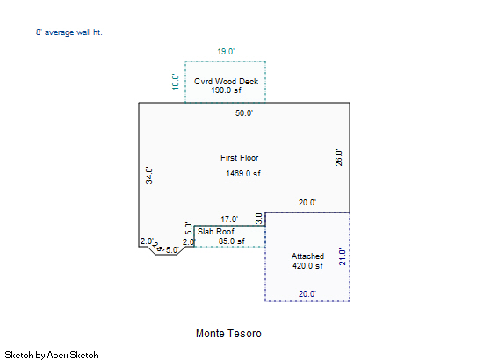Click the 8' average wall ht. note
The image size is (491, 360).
point(69,32)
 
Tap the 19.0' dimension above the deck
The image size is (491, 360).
point(226,51)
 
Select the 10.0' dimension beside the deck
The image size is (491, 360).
point(176,82)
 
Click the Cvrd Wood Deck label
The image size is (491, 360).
point(226,82)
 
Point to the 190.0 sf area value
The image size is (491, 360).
point(226,90)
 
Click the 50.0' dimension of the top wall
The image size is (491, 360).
point(244,112)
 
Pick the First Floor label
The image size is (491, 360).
point(240,158)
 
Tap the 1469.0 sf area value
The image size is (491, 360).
point(243,174)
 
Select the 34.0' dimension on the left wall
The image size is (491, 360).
point(149,175)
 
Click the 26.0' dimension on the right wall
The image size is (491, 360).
point(338,157)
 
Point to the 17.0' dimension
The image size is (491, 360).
point(229,220)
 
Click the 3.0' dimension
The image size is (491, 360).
point(258,218)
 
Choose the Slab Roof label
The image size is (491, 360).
point(216,232)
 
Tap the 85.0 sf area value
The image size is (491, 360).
point(232,241)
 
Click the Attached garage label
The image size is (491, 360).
point(307,256)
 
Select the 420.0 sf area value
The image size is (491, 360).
point(307,266)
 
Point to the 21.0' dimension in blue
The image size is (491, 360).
point(343,257)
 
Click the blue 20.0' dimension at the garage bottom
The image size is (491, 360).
point(307,294)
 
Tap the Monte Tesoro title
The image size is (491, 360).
point(228,334)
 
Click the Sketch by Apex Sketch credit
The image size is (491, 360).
point(52,356)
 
